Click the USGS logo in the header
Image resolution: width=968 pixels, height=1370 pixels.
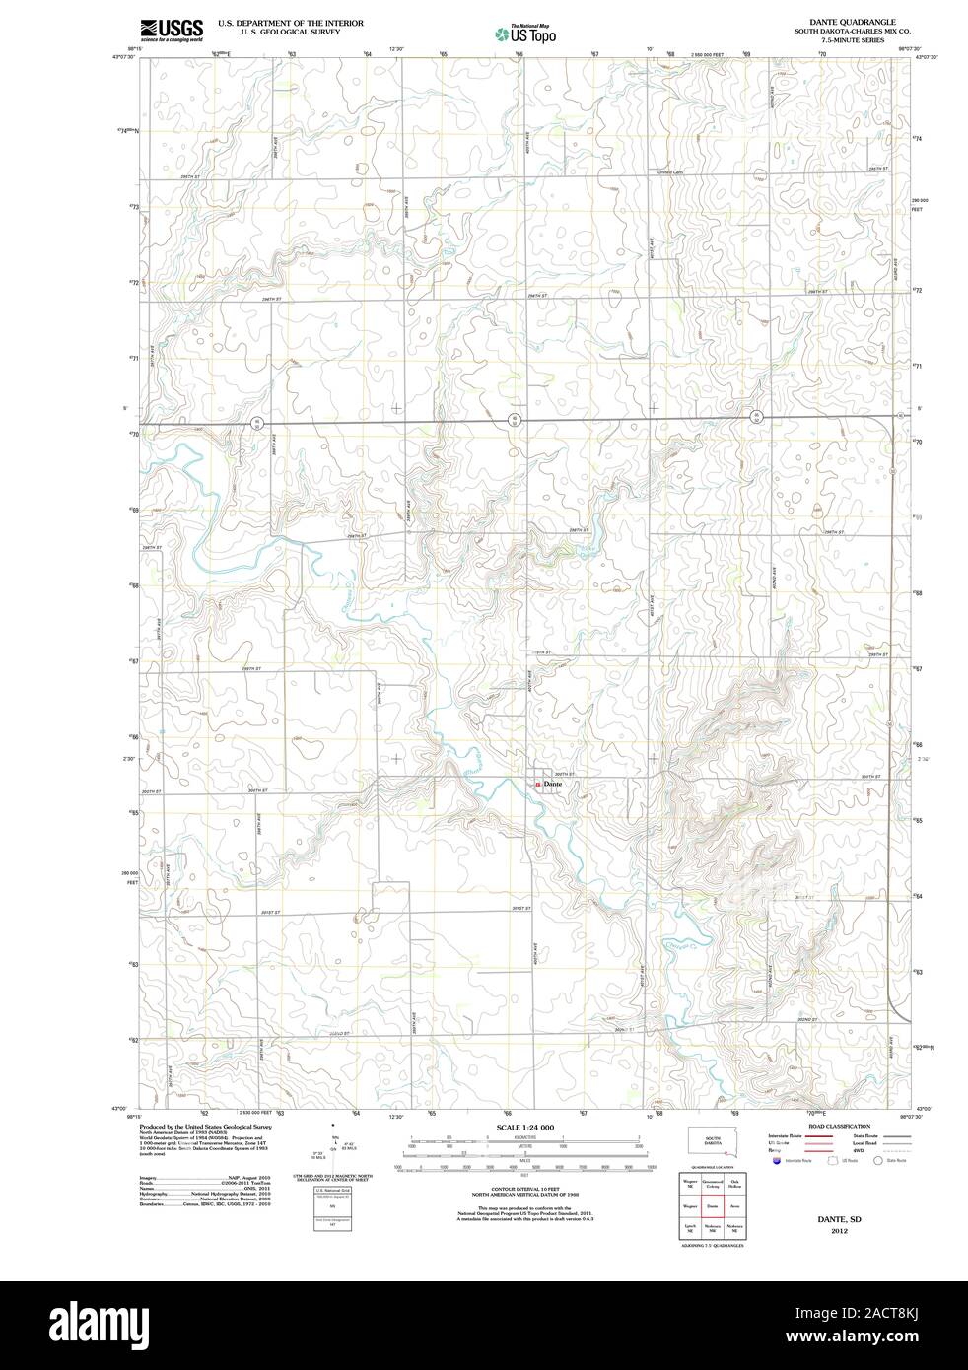(x=171, y=30)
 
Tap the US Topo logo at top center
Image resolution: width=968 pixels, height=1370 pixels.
(x=525, y=34)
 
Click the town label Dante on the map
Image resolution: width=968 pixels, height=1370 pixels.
(x=552, y=785)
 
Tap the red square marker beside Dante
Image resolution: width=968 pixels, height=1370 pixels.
(x=537, y=785)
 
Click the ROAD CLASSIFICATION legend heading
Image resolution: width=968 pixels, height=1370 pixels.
(x=839, y=1126)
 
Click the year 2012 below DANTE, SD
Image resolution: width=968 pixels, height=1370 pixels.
(x=838, y=1231)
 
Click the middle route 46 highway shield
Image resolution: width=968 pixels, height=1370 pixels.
(x=514, y=421)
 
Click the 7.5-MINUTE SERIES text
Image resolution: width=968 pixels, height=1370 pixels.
(x=852, y=41)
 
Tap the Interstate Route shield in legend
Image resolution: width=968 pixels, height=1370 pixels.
(x=778, y=1162)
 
